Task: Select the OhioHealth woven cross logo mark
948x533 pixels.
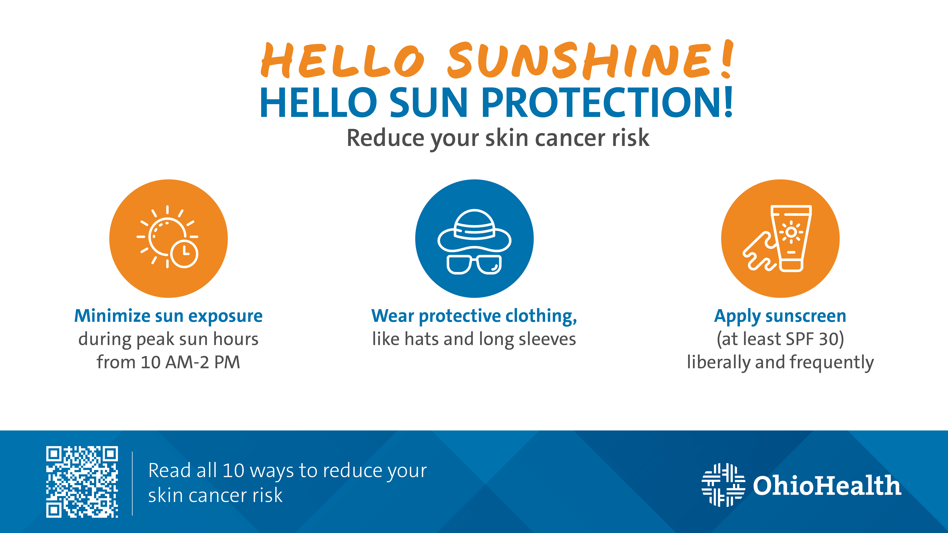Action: [x=723, y=485]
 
